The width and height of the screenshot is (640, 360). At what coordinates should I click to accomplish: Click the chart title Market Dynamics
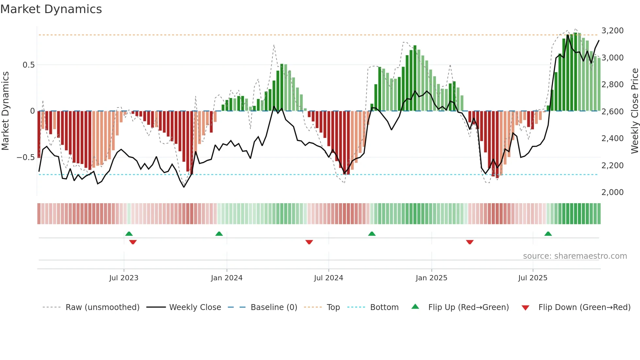(51, 9)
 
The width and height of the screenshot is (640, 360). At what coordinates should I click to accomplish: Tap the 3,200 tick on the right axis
(612, 31)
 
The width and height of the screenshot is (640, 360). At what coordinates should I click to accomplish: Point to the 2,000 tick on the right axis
(612, 192)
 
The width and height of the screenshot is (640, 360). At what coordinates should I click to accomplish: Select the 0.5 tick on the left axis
(28, 65)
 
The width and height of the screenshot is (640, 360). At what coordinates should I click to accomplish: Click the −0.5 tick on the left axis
(25, 157)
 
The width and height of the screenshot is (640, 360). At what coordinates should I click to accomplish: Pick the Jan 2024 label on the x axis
(227, 278)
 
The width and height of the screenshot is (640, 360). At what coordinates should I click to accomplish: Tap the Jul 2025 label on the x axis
(533, 278)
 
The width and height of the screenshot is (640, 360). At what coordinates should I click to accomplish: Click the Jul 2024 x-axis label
(328, 278)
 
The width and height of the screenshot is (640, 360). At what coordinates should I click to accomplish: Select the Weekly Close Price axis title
(634, 111)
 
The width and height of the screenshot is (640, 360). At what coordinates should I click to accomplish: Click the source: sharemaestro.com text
(575, 256)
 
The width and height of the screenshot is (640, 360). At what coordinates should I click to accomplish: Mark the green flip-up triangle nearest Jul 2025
(548, 234)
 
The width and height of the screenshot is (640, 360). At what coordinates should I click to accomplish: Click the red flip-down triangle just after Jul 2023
(133, 242)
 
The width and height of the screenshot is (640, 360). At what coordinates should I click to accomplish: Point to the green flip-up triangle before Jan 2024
(219, 234)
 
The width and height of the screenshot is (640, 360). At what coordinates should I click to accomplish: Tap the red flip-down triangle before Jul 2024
(309, 242)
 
